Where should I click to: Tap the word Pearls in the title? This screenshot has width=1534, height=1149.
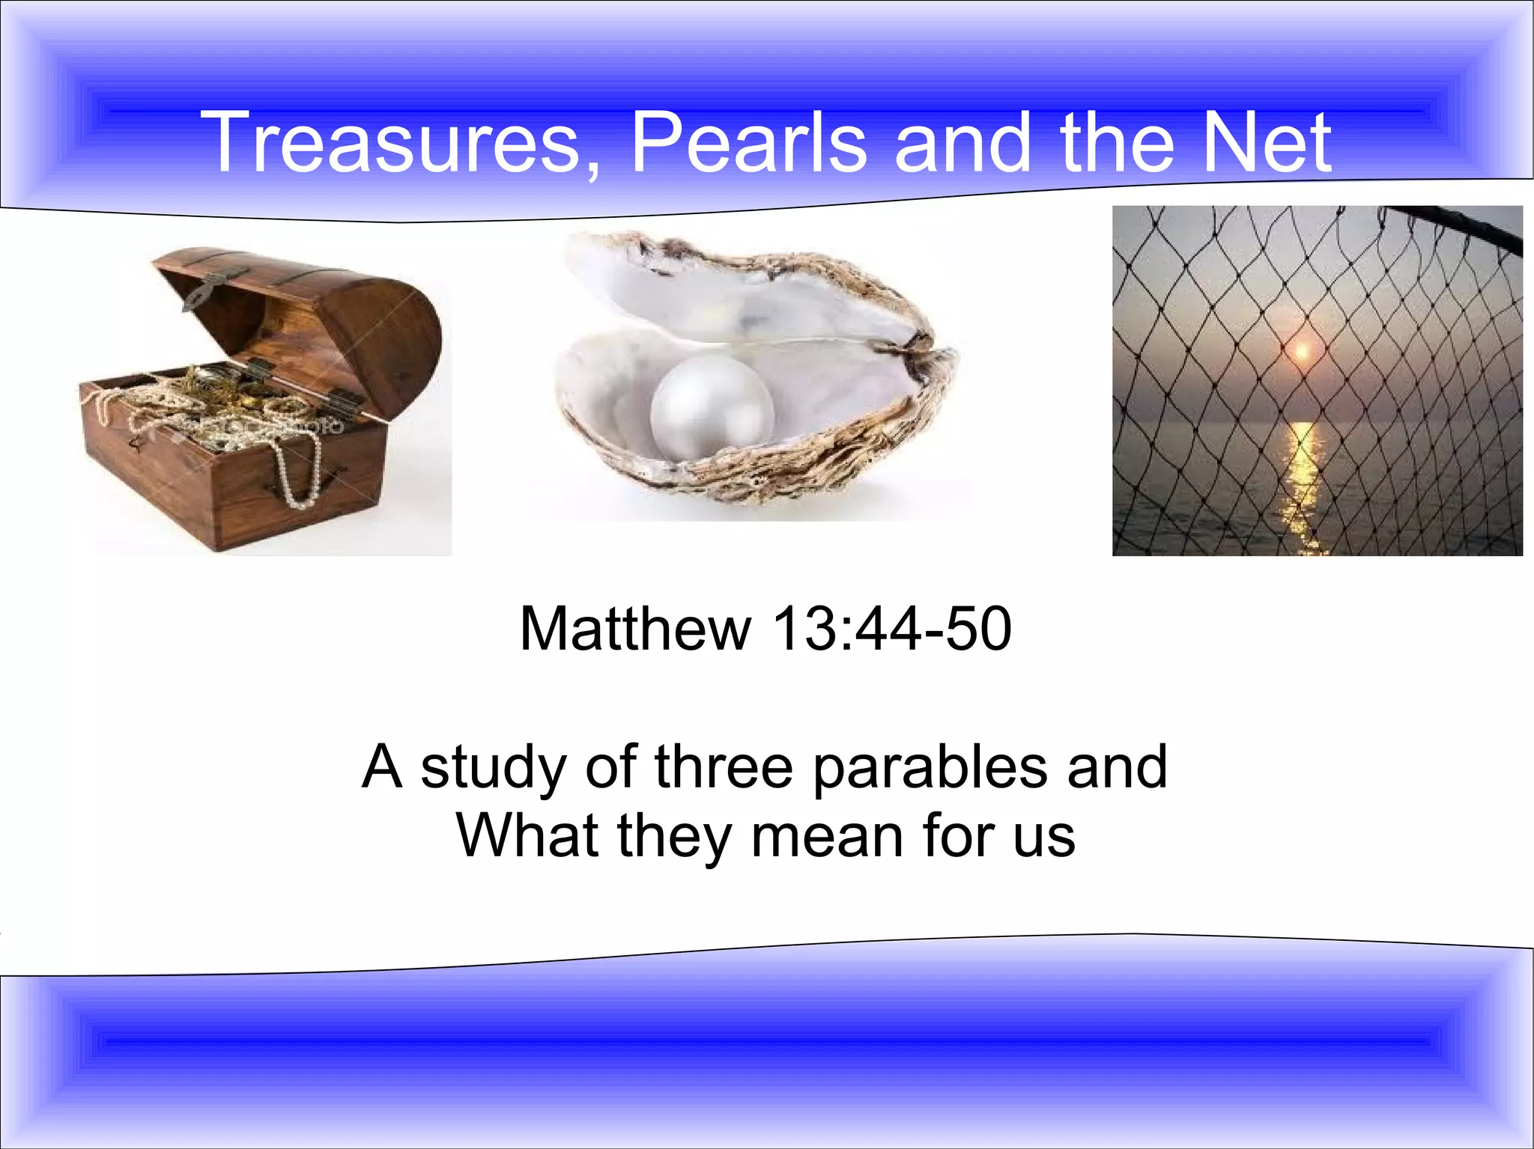click(x=748, y=142)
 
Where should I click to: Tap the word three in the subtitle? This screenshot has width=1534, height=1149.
click(x=723, y=767)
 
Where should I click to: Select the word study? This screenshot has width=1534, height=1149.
click(x=492, y=767)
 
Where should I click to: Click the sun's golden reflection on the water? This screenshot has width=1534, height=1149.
click(x=1303, y=479)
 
